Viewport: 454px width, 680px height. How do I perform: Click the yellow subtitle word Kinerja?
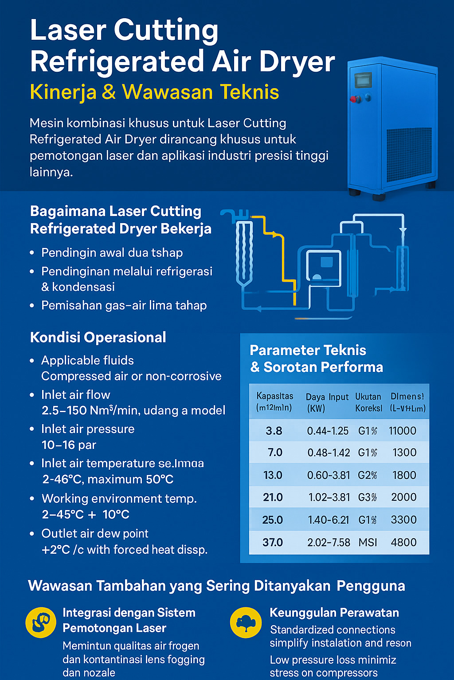click(x=63, y=92)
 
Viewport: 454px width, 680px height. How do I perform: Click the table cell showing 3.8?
click(x=274, y=431)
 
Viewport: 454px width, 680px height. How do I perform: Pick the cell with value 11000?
click(x=402, y=431)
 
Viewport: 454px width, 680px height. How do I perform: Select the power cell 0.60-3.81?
click(x=328, y=475)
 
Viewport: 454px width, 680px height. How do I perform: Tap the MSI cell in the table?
click(x=368, y=542)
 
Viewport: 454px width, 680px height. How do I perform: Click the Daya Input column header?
click(x=327, y=402)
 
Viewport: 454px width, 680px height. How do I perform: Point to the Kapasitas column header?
click(x=274, y=402)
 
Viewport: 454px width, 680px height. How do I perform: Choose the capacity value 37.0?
click(x=273, y=542)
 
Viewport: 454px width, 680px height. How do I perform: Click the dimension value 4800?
click(x=403, y=542)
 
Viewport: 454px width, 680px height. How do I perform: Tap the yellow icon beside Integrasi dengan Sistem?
click(x=40, y=622)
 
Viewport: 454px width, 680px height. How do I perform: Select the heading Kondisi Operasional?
click(x=98, y=337)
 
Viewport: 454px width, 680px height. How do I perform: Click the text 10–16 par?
click(x=69, y=445)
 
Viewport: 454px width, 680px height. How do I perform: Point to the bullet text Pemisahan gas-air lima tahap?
click(x=124, y=305)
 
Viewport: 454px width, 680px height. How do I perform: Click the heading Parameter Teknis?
click(x=308, y=350)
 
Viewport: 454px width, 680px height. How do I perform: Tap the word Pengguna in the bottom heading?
click(x=371, y=586)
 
